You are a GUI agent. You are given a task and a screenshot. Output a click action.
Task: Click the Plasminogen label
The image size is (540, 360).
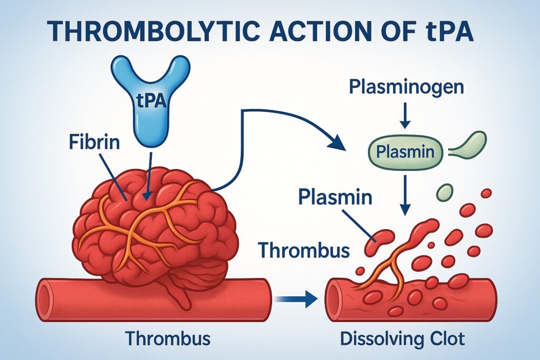tap(407, 87)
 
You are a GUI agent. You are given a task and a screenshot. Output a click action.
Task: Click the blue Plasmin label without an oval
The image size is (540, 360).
tap(335, 197)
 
